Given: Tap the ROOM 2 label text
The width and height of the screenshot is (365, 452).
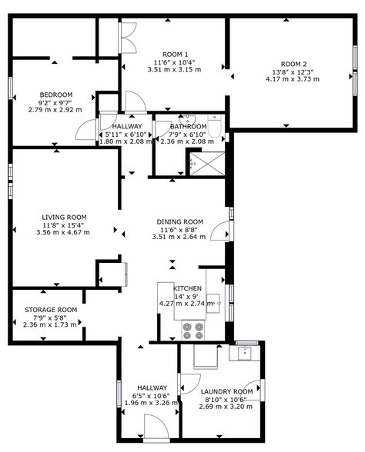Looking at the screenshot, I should (293, 63).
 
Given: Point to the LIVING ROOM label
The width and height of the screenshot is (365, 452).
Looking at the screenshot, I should (64, 218).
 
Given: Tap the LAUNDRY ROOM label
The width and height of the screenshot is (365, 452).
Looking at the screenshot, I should (226, 391).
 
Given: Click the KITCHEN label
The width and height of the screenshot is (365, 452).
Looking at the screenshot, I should (188, 288).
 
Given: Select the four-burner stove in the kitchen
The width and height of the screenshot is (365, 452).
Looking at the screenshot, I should (193, 330).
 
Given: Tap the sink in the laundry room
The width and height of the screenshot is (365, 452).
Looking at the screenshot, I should (246, 353).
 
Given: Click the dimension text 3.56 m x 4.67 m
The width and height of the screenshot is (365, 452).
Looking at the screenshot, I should (63, 232).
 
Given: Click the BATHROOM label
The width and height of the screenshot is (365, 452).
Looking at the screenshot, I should (189, 127).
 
